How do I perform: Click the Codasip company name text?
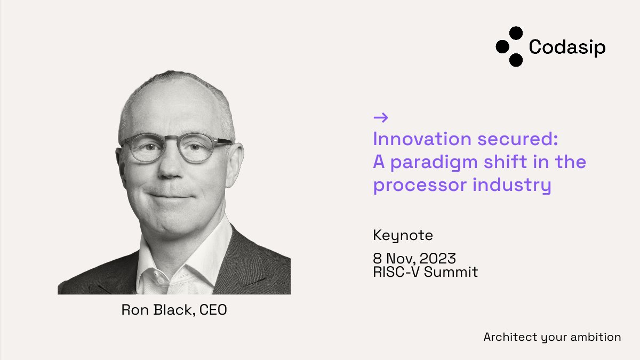click(567, 47)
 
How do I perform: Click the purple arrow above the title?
click(381, 118)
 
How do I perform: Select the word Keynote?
click(403, 236)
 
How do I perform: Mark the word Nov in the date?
click(397, 259)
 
